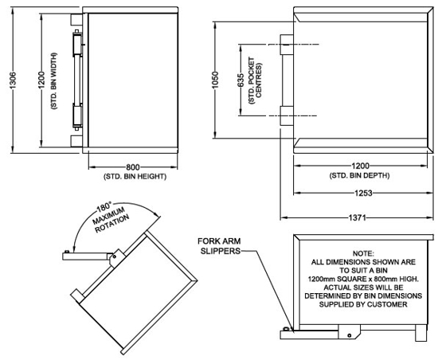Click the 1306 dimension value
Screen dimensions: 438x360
(x=13, y=80)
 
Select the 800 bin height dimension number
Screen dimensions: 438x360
(x=133, y=167)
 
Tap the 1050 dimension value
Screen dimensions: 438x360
(x=215, y=80)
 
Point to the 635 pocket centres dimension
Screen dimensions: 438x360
(x=241, y=80)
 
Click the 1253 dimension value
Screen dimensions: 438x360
(x=363, y=193)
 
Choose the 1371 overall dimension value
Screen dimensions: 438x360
(x=357, y=217)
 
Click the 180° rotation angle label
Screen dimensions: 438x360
(x=104, y=208)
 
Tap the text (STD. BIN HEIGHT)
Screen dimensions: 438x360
(x=135, y=177)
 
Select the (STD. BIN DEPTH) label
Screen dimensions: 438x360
(x=359, y=175)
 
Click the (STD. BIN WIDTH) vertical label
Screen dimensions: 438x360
(x=53, y=80)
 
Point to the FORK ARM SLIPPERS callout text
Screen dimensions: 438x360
(x=219, y=246)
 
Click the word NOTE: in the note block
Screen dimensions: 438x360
(x=363, y=253)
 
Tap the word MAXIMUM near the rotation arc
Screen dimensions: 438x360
(x=109, y=216)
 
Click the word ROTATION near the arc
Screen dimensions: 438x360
(x=112, y=224)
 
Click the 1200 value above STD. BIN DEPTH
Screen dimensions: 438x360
(x=360, y=166)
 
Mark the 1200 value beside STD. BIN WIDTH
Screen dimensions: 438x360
(x=41, y=80)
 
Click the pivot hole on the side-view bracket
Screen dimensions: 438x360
(x=349, y=335)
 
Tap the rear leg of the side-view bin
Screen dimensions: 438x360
(x=421, y=333)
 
